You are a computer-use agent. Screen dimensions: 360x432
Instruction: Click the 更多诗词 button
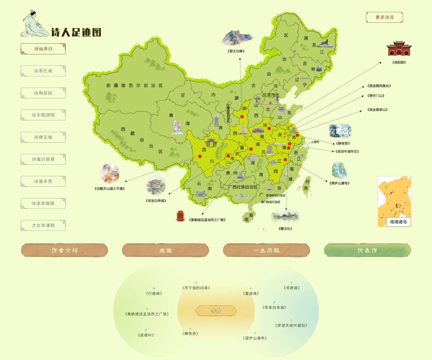coord(384,17)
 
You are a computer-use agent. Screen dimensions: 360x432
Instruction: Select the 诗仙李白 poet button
coord(43,49)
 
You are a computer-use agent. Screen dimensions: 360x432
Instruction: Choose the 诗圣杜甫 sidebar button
coord(43,71)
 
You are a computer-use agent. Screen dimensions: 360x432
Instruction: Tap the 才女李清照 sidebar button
coord(43,225)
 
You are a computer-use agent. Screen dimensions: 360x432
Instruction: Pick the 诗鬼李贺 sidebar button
coord(43,181)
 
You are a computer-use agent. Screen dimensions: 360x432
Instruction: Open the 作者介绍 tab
coord(64,250)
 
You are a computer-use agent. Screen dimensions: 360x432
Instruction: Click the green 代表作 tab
coord(367,250)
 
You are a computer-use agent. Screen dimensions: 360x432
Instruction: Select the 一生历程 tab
coord(266,250)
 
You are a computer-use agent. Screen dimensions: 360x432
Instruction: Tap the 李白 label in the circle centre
coord(216,311)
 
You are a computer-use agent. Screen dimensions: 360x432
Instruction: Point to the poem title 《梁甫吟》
coord(146,335)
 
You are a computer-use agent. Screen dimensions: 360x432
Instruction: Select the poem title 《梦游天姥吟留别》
coord(292,325)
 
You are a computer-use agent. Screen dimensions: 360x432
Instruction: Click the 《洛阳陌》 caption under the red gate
coord(399,62)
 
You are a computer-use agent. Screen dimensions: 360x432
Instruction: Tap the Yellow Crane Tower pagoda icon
coord(181,216)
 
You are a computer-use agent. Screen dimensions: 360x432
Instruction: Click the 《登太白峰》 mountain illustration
coord(236,37)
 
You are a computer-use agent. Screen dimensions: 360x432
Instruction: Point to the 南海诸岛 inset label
coord(398,222)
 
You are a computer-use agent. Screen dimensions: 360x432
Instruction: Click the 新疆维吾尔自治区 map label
coord(135,86)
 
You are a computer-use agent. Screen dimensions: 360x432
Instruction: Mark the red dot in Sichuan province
coord(200,156)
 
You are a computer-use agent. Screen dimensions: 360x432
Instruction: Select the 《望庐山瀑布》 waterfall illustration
coord(339,170)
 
